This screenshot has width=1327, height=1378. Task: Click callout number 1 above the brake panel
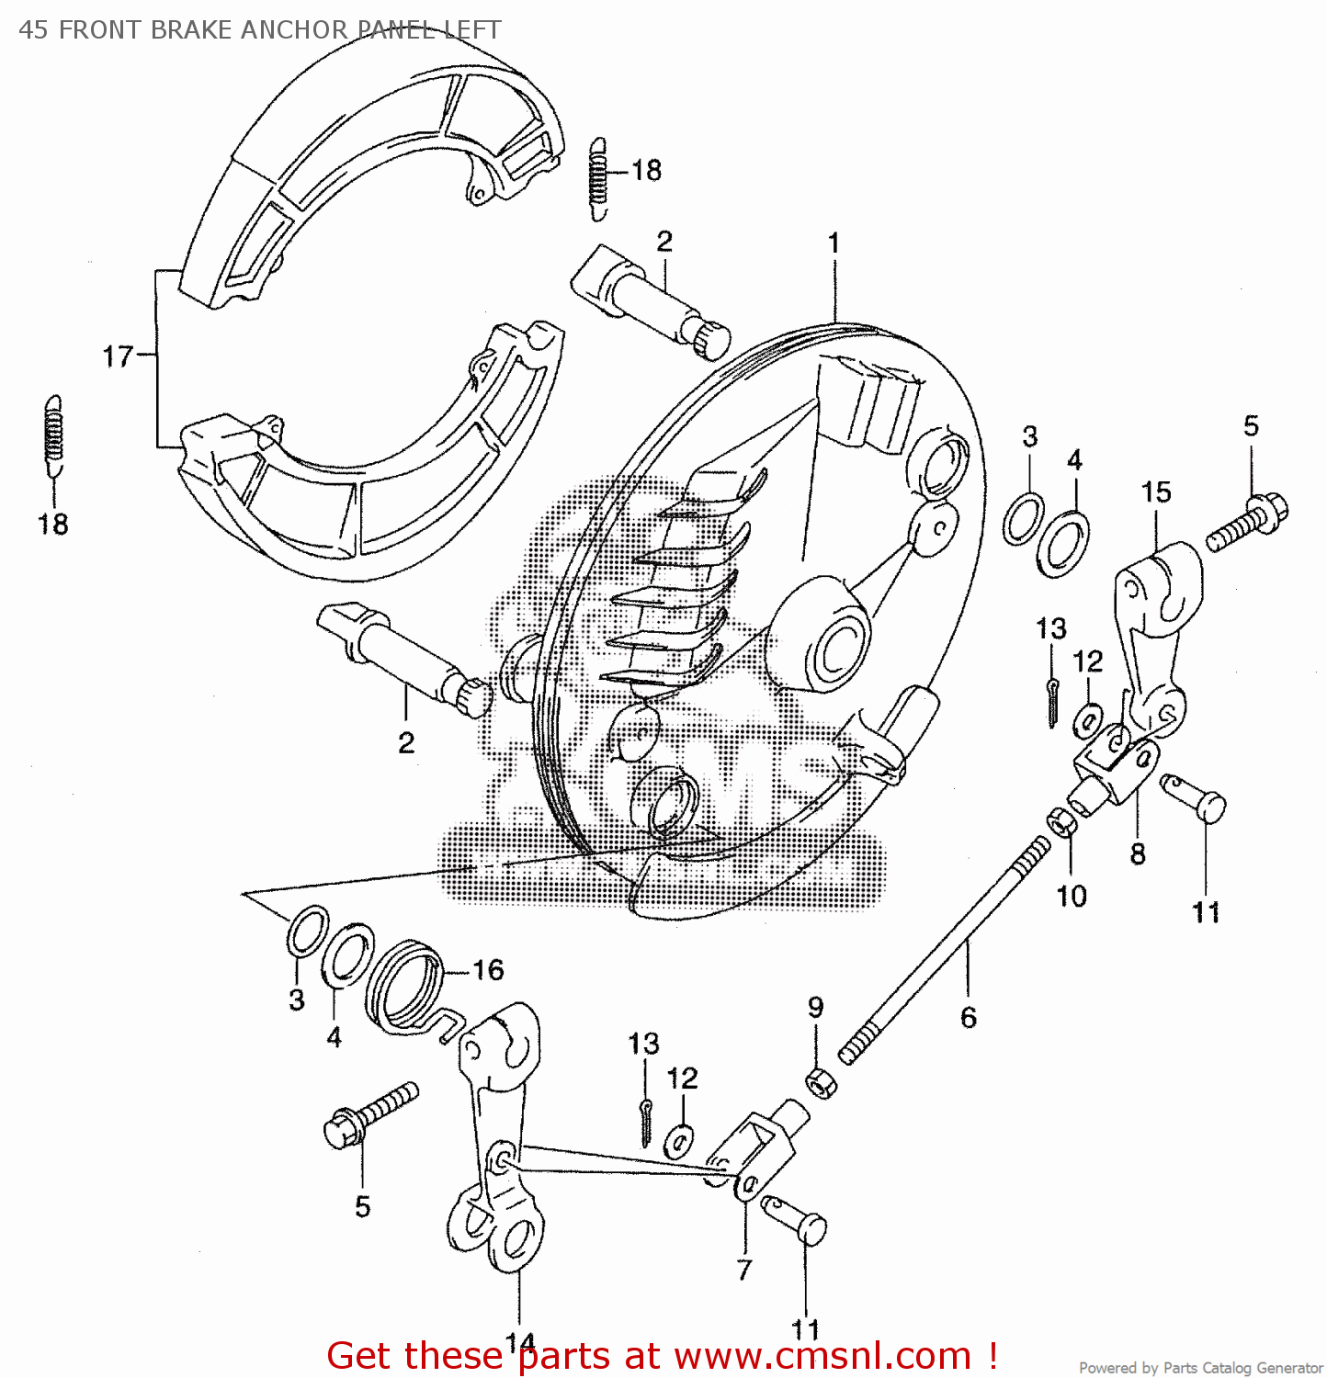pos(834,243)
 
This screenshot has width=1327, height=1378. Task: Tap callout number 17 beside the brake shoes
pos(118,356)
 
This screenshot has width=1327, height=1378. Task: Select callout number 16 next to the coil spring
pos(488,970)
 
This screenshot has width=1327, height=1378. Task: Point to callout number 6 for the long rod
pos(969,1018)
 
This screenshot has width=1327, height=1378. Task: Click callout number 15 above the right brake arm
pos(1156,492)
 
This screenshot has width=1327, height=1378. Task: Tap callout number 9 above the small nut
pos(816,1008)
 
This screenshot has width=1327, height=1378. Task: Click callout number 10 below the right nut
pos(1072,896)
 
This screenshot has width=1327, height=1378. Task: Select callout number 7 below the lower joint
pos(744,1270)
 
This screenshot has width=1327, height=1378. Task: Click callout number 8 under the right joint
pos(1138,854)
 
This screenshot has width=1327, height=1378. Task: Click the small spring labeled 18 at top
pos(599,179)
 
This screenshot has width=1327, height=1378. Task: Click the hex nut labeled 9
pos(821,1082)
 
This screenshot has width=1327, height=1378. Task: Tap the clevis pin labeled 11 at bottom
pos(796,1220)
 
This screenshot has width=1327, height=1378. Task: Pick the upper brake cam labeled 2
pos(648,296)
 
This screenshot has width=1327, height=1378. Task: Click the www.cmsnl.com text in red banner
pos(822,1356)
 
